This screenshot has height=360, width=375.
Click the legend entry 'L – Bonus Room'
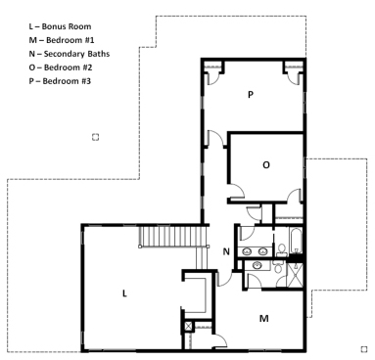point(60,26)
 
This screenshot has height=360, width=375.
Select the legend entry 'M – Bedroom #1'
point(62,40)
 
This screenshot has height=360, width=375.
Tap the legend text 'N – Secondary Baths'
point(70,54)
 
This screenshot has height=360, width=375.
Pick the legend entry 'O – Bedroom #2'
point(61,67)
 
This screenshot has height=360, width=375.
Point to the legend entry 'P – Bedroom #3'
point(60,81)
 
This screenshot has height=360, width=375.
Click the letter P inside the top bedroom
point(251,95)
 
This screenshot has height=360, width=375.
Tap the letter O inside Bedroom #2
point(266,165)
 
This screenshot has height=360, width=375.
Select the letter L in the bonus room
point(124,293)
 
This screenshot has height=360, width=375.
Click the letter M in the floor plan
point(264,318)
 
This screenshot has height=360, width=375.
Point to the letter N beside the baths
point(226,251)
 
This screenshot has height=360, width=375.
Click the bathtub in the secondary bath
point(295,241)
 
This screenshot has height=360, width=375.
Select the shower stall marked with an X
point(295,275)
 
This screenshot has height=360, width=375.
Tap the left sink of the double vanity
point(247,251)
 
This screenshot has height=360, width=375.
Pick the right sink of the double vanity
point(262,251)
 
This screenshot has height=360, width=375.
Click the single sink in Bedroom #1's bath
point(258,265)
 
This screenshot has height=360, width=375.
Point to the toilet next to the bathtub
point(281,249)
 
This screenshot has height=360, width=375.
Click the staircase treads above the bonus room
point(173,237)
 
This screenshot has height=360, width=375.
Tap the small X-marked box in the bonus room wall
point(188,327)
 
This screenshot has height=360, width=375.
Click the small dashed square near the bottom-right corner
point(364,349)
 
